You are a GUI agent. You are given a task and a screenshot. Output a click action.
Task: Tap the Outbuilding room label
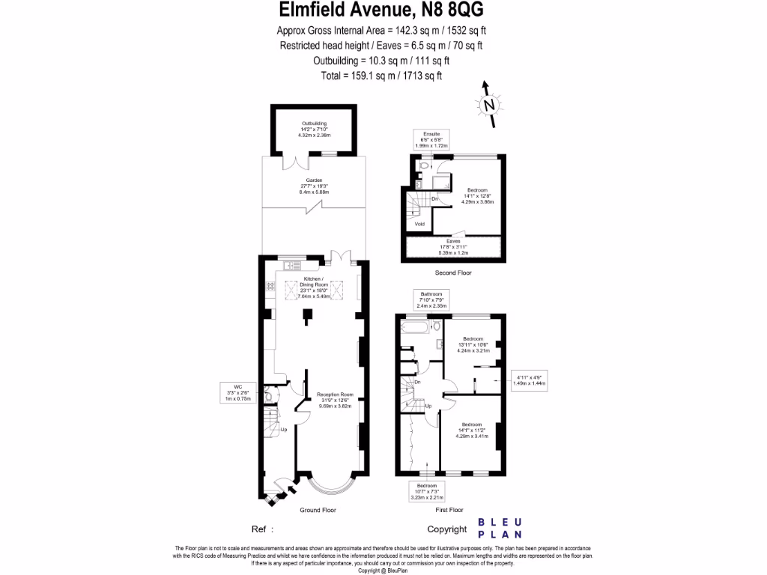tap(315, 129)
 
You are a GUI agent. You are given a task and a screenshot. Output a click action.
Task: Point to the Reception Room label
tap(334, 400)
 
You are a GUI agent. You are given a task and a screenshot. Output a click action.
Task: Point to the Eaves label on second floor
tap(452, 246)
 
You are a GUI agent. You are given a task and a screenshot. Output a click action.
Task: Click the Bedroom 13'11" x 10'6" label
tap(473, 344)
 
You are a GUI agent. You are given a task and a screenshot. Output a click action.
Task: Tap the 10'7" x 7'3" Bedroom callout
tap(427, 491)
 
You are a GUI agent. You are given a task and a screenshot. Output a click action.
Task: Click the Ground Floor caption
tap(318, 510)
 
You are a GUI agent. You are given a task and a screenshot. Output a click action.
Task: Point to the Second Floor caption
tap(453, 273)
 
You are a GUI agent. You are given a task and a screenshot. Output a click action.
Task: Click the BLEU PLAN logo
tap(500, 529)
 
